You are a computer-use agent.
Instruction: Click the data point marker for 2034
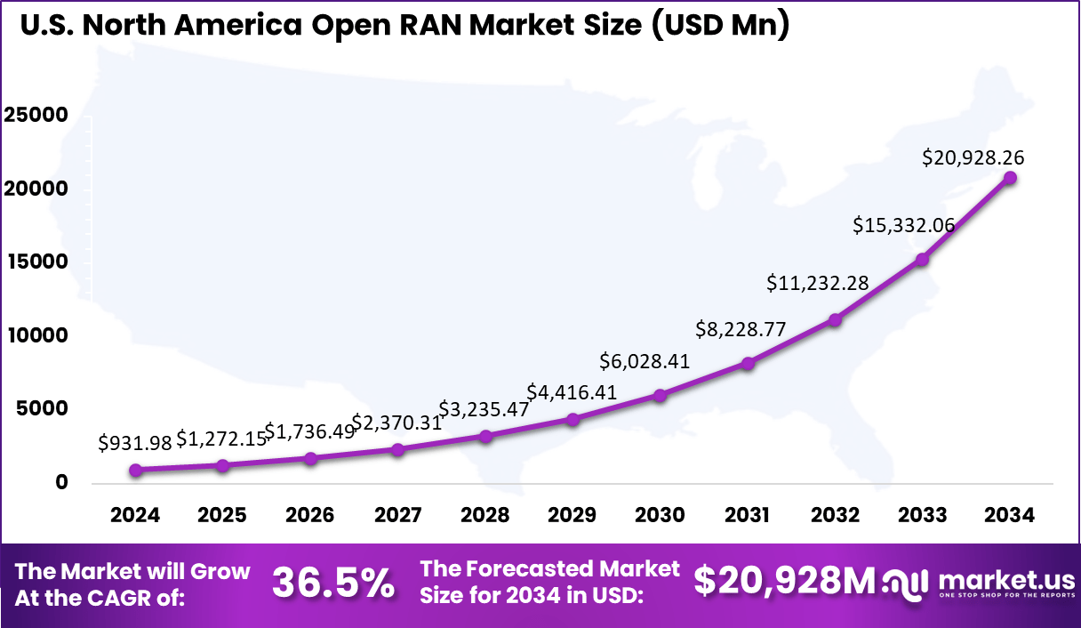(x=1010, y=178)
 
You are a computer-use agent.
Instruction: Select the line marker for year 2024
(x=135, y=470)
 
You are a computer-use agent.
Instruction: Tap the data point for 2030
(x=660, y=395)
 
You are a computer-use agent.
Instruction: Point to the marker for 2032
(x=835, y=319)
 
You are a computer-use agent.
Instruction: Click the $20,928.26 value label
(x=973, y=158)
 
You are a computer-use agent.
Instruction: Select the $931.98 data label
(x=134, y=441)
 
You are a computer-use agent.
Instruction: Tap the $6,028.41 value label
(x=645, y=360)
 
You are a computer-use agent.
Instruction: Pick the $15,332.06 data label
(x=903, y=225)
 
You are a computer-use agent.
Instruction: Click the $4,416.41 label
(x=571, y=391)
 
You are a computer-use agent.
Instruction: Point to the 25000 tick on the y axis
(x=36, y=117)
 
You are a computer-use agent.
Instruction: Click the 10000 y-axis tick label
(x=36, y=336)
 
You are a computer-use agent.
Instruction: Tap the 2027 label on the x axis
(x=397, y=516)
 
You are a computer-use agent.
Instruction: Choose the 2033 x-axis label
(x=922, y=516)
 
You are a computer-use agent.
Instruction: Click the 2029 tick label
(x=573, y=516)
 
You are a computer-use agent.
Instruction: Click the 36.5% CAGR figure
(x=333, y=583)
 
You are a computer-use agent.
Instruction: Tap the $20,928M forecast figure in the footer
(x=785, y=581)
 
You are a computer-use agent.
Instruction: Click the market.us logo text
(x=1006, y=578)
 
